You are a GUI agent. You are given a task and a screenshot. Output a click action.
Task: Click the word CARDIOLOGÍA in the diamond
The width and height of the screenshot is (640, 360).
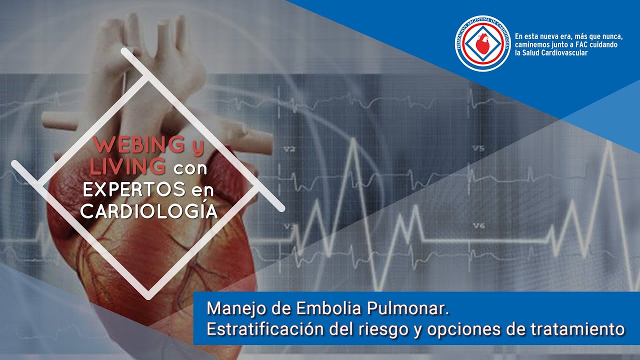[x=149, y=211]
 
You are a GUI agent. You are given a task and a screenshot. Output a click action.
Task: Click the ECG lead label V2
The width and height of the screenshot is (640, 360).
[x=289, y=149]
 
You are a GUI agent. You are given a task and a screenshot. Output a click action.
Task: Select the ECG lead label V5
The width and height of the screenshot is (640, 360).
[x=478, y=148]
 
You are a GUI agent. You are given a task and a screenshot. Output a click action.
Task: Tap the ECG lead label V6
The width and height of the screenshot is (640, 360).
[x=478, y=226]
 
